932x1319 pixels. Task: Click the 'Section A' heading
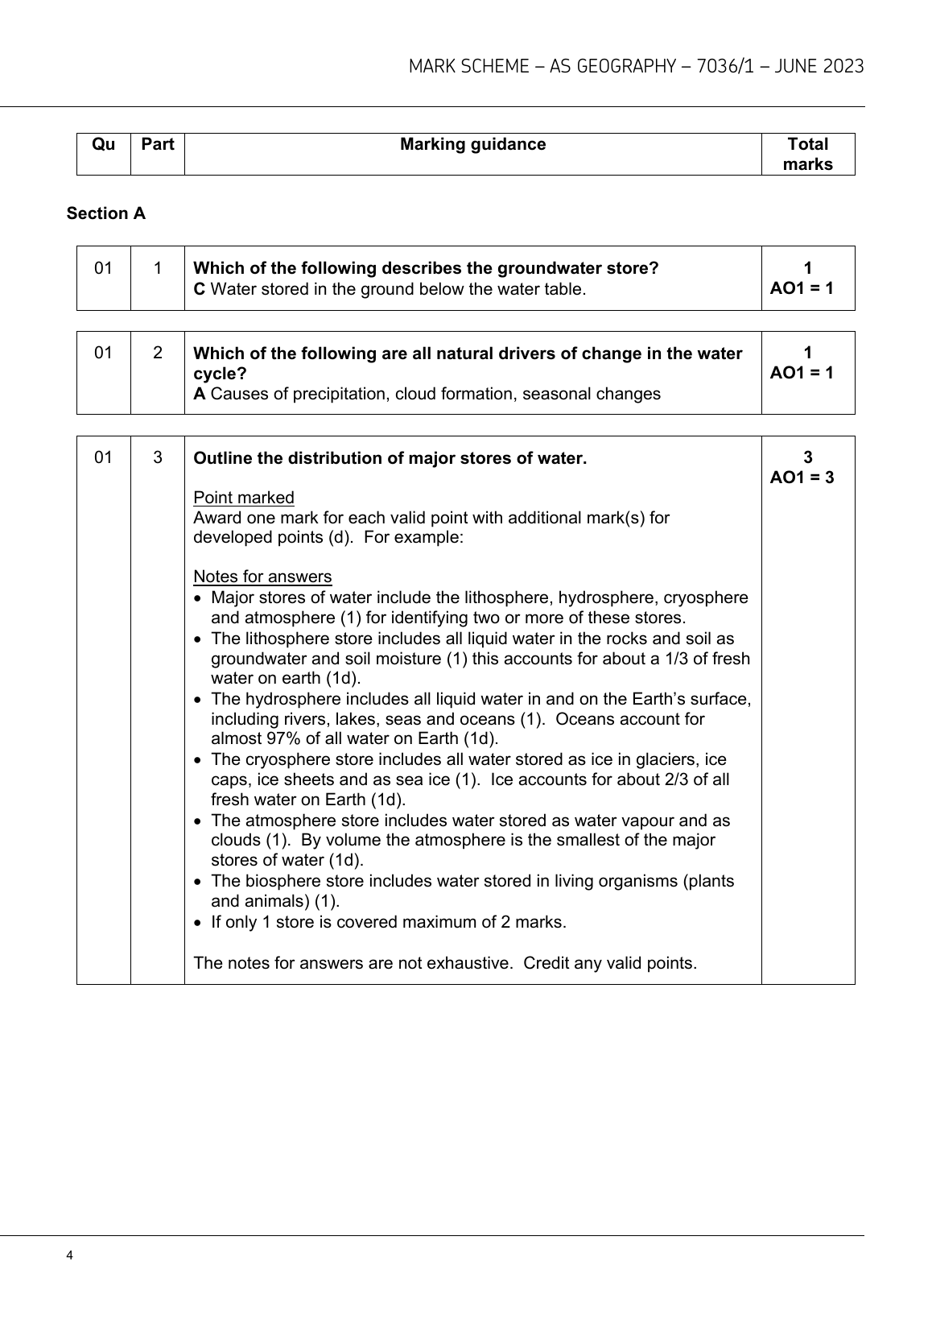click(x=106, y=213)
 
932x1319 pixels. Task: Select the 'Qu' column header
click(x=104, y=145)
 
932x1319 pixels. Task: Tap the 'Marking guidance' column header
click(x=472, y=145)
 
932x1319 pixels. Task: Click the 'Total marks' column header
click(x=807, y=154)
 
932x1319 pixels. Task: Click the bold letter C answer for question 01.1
click(x=200, y=289)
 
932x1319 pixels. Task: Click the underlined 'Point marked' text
click(x=244, y=498)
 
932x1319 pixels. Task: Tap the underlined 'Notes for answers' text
click(x=262, y=577)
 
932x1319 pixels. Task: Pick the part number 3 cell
click(x=158, y=457)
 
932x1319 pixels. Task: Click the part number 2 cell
click(x=158, y=352)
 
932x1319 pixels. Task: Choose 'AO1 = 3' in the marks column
click(x=802, y=478)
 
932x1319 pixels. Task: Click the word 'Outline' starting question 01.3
click(x=221, y=458)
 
